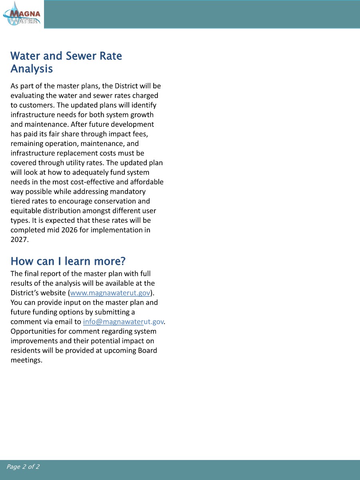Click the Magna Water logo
pyautogui.click(x=22, y=14)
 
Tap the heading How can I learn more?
pyautogui.click(x=68, y=261)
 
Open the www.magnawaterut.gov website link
pyautogui.click(x=110, y=293)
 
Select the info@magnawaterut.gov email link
pyautogui.click(x=124, y=322)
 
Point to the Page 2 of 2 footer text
pyautogui.click(x=23, y=467)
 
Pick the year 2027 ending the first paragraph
pyautogui.click(x=18, y=240)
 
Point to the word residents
pyautogui.click(x=25, y=350)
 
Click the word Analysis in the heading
pyautogui.click(x=32, y=69)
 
